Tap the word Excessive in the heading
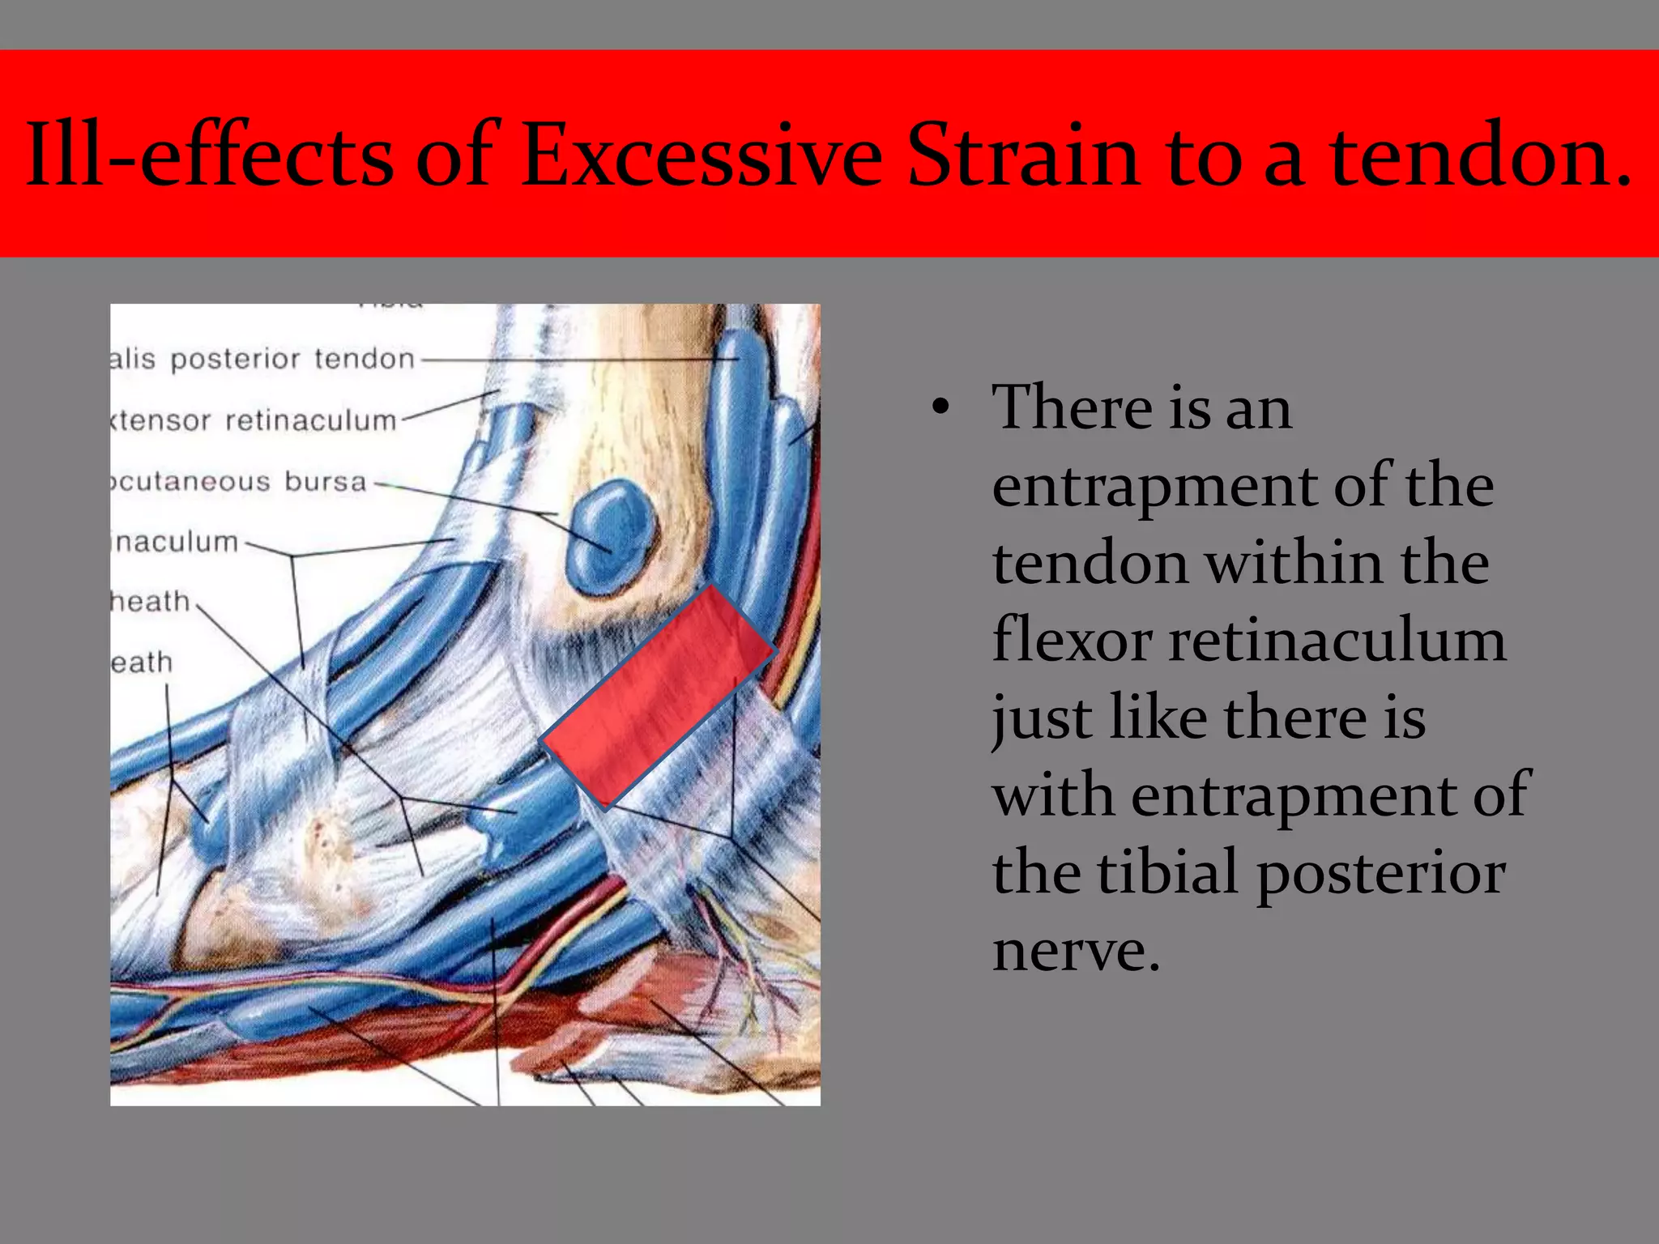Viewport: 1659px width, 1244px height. tap(702, 154)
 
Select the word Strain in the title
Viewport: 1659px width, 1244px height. tap(1024, 154)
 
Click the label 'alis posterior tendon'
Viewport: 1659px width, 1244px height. tap(263, 359)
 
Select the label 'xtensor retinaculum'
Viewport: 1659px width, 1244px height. tap(254, 420)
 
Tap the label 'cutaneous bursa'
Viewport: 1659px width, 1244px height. tap(239, 481)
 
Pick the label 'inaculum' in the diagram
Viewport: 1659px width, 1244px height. tap(175, 541)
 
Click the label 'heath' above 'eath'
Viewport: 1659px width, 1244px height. tap(151, 602)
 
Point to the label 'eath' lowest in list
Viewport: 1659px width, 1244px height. tap(143, 662)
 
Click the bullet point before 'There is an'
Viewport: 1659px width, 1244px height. tap(939, 408)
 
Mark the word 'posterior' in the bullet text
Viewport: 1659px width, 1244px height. tap(1380, 875)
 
